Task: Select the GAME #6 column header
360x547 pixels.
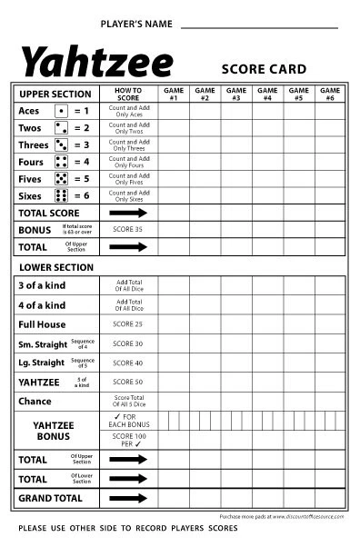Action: [330, 94]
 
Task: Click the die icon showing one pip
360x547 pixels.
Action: [62, 111]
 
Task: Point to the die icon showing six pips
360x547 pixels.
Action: [62, 196]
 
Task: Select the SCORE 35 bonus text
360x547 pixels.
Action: [128, 230]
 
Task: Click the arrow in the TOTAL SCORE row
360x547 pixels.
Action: [128, 213]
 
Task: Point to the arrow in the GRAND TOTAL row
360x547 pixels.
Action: [128, 498]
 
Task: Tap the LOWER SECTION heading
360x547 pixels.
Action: [56, 267]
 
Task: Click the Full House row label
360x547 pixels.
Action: [43, 324]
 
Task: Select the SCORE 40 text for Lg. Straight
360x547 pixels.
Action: [128, 363]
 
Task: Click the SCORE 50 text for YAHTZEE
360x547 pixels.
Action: [128, 382]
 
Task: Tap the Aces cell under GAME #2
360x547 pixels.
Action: [205, 111]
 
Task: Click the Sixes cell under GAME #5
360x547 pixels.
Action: [298, 196]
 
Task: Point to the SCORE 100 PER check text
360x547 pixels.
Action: [128, 441]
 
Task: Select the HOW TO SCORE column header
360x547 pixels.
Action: [128, 94]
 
